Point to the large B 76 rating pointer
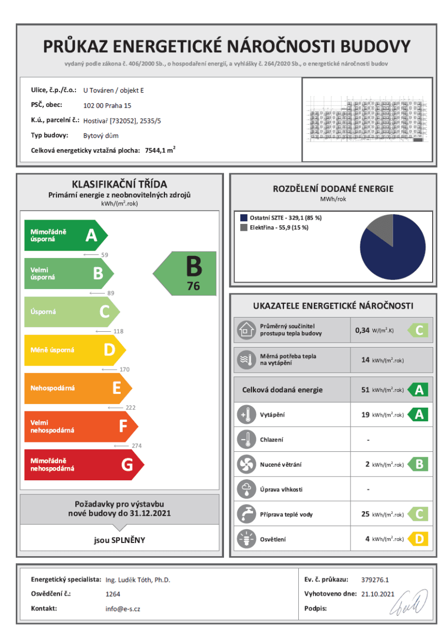(x=186, y=273)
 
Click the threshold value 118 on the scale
(x=119, y=331)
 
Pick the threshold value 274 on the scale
(x=137, y=446)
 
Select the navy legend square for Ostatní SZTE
(x=244, y=218)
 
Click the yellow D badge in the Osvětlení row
(x=418, y=539)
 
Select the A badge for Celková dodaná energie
(x=418, y=390)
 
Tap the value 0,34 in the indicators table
(x=363, y=331)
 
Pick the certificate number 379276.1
(x=375, y=579)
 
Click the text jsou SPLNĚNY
(x=120, y=540)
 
